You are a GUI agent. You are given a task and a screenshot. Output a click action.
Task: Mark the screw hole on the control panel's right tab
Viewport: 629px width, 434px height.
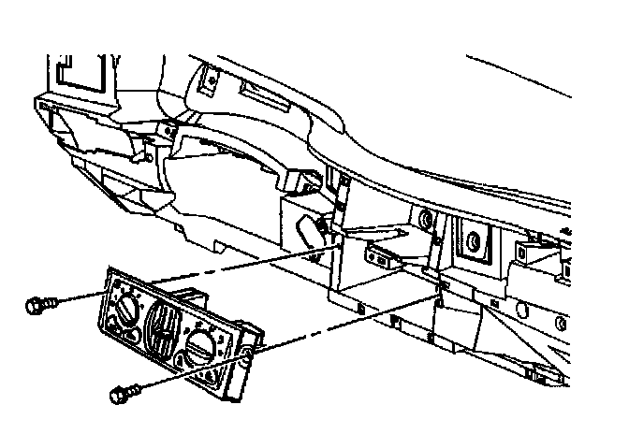click(x=247, y=354)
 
